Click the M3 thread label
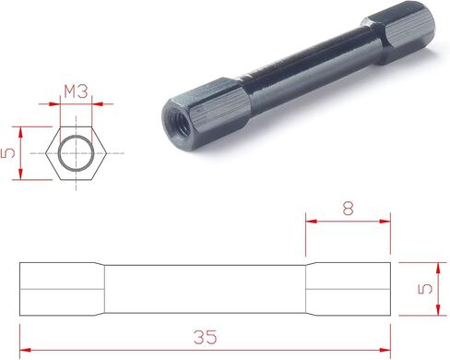pos(76,91)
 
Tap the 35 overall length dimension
pos(206,337)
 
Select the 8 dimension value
pos(348,209)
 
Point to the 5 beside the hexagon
pos(8,153)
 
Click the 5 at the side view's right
pos(425,289)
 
